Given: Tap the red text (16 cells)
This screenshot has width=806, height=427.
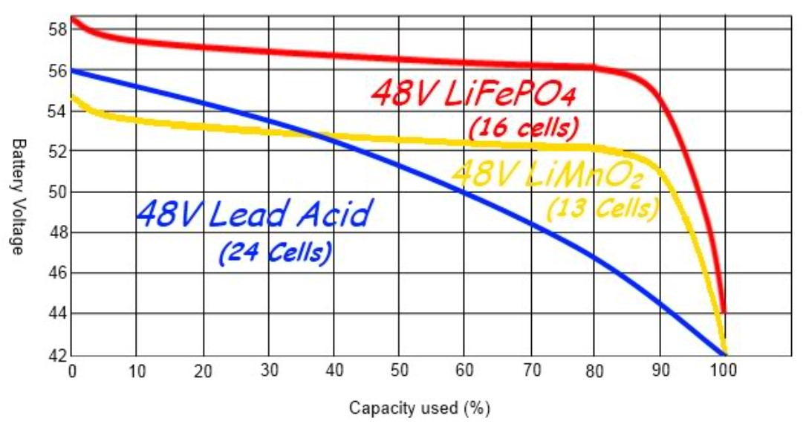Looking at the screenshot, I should tap(523, 128).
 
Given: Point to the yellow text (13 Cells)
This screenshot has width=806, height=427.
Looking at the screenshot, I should tap(602, 208).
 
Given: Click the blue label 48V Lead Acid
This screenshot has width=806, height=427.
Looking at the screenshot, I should tap(252, 215).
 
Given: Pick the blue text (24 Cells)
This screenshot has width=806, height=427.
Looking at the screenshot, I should tap(275, 252).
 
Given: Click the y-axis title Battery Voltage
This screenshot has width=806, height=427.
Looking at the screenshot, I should tap(19, 195).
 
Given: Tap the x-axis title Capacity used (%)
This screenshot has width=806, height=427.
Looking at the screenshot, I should tap(420, 408).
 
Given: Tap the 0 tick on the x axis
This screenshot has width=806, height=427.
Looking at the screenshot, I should tap(71, 370).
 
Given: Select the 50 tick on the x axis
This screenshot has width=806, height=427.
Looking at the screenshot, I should tap(399, 370).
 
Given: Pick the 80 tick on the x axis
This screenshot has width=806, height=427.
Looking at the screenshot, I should tap(594, 370).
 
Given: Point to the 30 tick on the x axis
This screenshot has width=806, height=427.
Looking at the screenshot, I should tap(268, 370).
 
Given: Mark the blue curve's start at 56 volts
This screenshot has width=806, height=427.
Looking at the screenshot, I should tap(72, 71).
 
